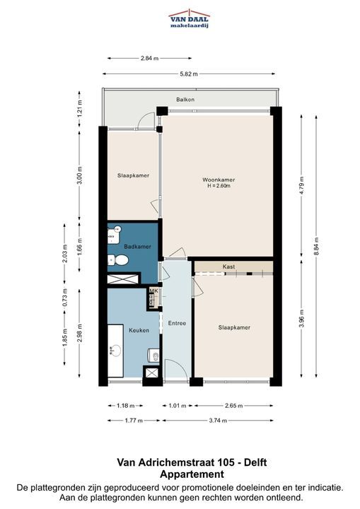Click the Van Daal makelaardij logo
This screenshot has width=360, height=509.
click(x=190, y=18)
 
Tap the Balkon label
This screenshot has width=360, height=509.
click(x=185, y=100)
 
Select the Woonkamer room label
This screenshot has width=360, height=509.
click(x=219, y=180)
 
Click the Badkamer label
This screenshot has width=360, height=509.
click(x=137, y=247)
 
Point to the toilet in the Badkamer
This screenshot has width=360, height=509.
click(x=118, y=260)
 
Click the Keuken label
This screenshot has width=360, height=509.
click(x=139, y=330)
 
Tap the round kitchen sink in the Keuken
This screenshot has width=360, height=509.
click(x=115, y=351)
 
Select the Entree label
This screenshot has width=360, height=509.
click(x=177, y=323)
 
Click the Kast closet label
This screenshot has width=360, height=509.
click(x=228, y=267)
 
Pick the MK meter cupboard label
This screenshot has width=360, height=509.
click(x=153, y=291)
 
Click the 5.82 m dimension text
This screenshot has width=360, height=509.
click(x=189, y=74)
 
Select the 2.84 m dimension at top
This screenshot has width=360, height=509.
click(x=150, y=59)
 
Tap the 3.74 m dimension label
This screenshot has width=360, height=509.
click(x=218, y=421)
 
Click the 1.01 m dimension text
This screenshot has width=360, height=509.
click(x=178, y=406)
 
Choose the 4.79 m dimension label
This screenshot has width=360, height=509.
click(x=301, y=185)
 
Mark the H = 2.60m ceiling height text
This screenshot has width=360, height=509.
click(x=219, y=186)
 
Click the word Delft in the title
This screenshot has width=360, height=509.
click(x=255, y=462)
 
